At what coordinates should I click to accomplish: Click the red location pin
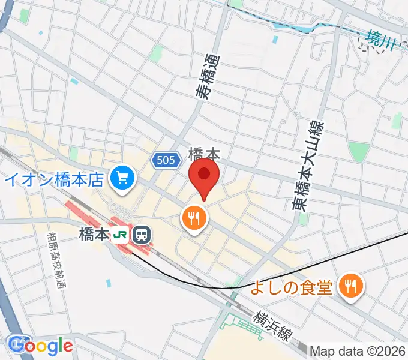click(x=204, y=175)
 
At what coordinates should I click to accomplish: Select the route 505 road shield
click(x=164, y=160)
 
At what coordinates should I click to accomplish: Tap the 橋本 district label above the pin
click(x=203, y=154)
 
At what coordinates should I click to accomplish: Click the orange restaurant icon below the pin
click(x=194, y=218)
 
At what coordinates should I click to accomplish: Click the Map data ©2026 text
click(x=359, y=350)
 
